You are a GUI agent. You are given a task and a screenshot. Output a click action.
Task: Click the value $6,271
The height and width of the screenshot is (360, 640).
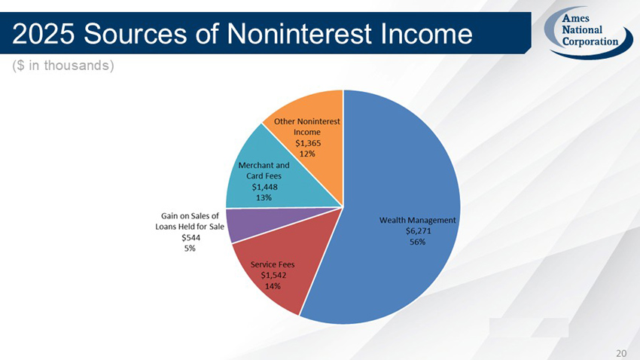click(418, 231)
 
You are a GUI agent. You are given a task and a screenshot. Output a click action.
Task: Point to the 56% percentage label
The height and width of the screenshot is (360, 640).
click(418, 242)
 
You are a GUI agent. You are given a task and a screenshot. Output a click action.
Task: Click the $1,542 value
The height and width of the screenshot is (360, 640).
click(273, 276)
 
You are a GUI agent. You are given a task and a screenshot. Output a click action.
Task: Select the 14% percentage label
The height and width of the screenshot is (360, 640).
click(273, 286)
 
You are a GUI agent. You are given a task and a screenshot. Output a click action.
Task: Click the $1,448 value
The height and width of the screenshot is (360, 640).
click(264, 187)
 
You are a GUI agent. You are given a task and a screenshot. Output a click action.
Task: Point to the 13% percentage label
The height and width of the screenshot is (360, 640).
click(264, 197)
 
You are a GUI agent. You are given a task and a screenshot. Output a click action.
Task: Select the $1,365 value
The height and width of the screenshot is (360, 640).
click(307, 142)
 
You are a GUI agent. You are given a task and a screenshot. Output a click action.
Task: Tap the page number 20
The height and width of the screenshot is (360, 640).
click(621, 352)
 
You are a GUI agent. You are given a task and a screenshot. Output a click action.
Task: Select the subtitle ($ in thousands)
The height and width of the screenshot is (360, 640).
click(63, 66)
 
